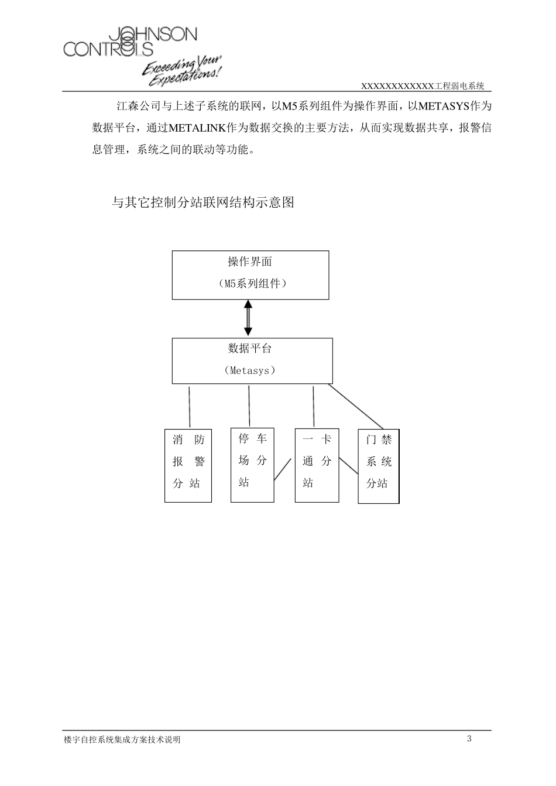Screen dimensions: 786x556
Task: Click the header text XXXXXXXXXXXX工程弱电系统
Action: click(423, 86)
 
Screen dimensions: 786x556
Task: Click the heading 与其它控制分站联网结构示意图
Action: click(203, 203)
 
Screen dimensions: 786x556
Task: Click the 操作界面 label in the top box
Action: click(250, 262)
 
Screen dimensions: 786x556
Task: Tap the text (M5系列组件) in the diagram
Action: click(250, 284)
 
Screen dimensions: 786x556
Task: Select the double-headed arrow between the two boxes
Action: click(248, 317)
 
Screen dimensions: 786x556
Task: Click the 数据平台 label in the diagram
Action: click(250, 349)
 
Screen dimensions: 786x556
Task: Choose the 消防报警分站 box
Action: click(188, 465)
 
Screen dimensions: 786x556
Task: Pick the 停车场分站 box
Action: click(252, 465)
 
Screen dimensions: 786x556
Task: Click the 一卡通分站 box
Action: click(317, 465)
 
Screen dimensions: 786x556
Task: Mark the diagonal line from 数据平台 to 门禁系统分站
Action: click(356, 407)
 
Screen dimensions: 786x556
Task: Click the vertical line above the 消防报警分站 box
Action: click(190, 406)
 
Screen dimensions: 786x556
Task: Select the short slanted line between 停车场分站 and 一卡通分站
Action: click(283, 470)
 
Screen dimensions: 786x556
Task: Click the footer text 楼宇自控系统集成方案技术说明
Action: click(122, 740)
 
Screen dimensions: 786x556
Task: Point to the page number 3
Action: click(469, 739)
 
